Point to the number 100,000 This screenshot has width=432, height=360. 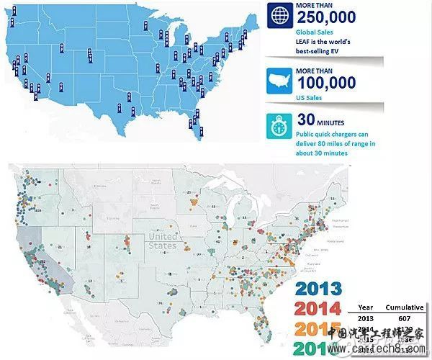click(x=325, y=82)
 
